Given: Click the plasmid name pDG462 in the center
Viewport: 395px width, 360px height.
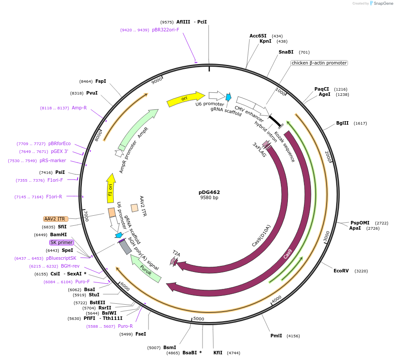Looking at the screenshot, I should pyautogui.click(x=209, y=192).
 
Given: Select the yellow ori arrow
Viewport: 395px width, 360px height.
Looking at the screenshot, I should pyautogui.click(x=185, y=99).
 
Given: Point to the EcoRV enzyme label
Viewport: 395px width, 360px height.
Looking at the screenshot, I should pyautogui.click(x=341, y=271).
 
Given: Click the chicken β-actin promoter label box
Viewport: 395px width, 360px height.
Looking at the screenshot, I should pyautogui.click(x=319, y=63).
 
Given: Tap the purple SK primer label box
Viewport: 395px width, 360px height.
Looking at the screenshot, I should pyautogui.click(x=61, y=242).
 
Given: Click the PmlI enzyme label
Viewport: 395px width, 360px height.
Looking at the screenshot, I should pyautogui.click(x=276, y=336).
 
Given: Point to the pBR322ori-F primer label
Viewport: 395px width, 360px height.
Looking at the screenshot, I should pyautogui.click(x=165, y=30).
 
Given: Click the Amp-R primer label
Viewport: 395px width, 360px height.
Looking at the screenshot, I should pyautogui.click(x=79, y=108).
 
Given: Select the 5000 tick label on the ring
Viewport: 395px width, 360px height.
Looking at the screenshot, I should pyautogui.click(x=199, y=319).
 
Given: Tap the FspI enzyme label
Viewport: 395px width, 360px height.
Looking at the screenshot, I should pyautogui.click(x=101, y=81).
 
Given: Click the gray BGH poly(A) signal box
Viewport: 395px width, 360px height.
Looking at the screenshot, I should pyautogui.click(x=125, y=247).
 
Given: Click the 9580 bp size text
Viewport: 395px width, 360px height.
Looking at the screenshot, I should pyautogui.click(x=209, y=197).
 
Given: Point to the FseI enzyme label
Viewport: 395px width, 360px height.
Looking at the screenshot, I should pyautogui.click(x=141, y=334).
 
